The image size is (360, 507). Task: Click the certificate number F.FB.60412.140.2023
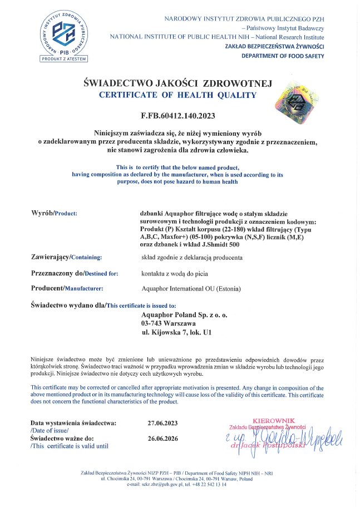point(177,116)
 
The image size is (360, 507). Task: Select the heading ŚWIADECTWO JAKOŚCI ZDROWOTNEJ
point(177,83)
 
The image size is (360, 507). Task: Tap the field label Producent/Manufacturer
point(68,288)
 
